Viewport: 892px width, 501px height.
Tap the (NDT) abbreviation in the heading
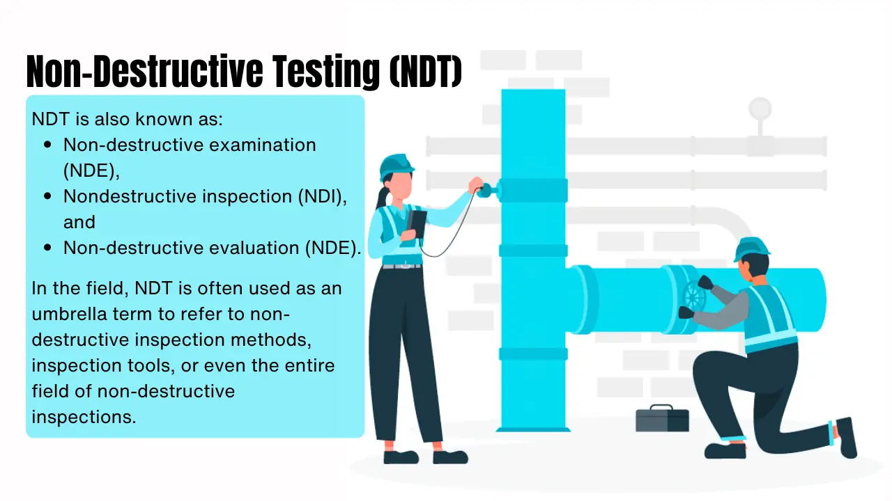(426, 71)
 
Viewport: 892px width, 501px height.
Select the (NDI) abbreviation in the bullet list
(323, 197)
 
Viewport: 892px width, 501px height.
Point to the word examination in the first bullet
(263, 145)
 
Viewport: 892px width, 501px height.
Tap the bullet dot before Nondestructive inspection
(48, 196)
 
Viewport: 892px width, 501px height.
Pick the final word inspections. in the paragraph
(84, 417)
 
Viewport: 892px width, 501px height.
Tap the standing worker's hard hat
(396, 166)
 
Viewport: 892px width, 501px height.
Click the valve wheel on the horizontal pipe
(694, 296)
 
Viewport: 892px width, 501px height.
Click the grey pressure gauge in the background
(760, 109)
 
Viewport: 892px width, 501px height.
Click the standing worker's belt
(402, 266)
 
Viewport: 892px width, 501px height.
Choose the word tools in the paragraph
(151, 365)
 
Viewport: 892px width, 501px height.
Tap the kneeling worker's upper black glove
(705, 283)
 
